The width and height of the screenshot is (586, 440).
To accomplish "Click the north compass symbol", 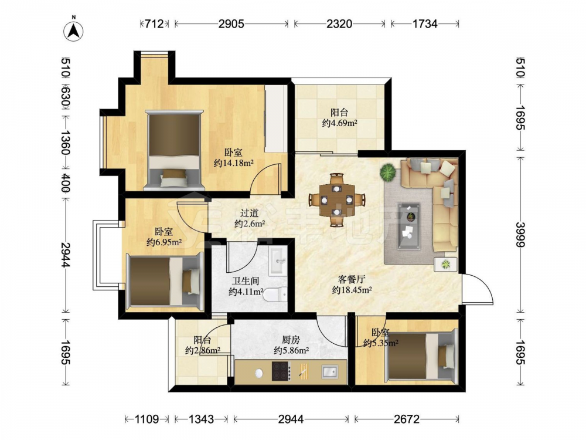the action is pos(74,31).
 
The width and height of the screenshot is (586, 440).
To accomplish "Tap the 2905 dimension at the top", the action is pos(231,24).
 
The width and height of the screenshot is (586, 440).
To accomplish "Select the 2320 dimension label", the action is pos(339,24).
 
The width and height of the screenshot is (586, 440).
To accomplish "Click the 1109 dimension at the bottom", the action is pos(147,419).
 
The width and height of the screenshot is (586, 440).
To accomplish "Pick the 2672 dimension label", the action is pos(407,419).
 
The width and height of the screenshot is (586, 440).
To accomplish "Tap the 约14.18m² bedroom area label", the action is pos(234,163).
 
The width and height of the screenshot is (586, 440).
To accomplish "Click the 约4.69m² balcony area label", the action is pos(340,123).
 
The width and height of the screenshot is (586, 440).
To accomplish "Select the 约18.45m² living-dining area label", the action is pos(352,290).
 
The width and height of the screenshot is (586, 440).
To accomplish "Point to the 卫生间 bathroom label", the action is pos(246,280).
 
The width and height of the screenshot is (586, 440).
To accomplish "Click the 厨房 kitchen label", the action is pos(291,340).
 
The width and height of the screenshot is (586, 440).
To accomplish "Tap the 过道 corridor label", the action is pos(249,213).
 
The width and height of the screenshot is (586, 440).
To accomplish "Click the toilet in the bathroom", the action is pos(275,294).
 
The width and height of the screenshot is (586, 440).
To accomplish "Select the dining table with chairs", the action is pos(337,200).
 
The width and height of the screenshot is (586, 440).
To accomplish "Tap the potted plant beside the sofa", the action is pos(388,172).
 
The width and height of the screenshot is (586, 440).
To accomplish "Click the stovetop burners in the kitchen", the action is pos(281,371).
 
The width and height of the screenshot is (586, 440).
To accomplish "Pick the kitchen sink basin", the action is pos(329,371).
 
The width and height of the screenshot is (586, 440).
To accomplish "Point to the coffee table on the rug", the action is pos(409,226).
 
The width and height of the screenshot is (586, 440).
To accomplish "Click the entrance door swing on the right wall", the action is pos(478,288).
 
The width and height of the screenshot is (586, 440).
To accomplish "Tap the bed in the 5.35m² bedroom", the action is pos(423,356).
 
